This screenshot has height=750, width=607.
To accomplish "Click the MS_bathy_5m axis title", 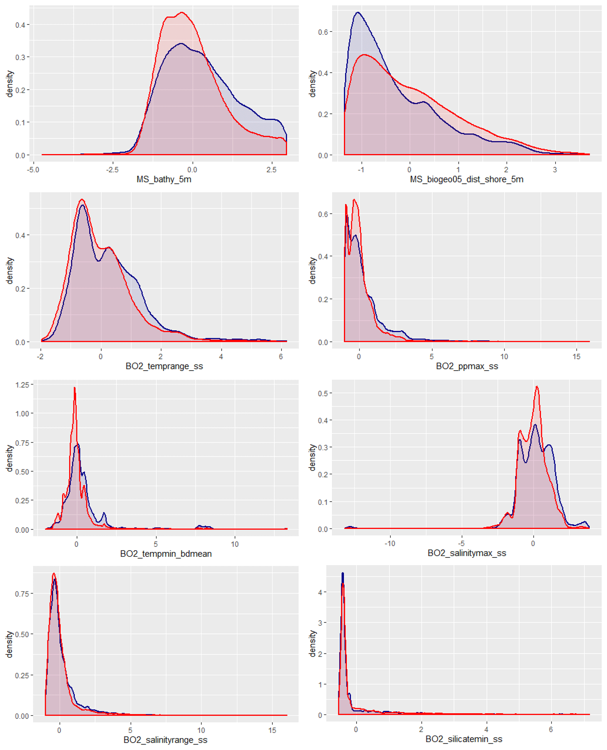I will pyautogui.click(x=164, y=180).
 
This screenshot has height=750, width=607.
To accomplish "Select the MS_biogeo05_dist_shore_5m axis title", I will pyautogui.click(x=466, y=180).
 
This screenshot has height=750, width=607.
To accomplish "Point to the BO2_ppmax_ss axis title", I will pyautogui.click(x=467, y=366).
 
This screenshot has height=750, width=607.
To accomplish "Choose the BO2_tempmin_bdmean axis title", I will pyautogui.click(x=166, y=554).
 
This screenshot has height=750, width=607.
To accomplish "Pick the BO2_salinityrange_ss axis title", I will pyautogui.click(x=165, y=740).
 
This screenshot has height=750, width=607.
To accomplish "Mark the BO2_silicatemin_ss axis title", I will pyautogui.click(x=464, y=739).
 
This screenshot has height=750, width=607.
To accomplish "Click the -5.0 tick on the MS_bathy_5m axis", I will pyautogui.click(x=33, y=170).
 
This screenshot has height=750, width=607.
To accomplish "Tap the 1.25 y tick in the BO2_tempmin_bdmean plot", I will pyautogui.click(x=22, y=385).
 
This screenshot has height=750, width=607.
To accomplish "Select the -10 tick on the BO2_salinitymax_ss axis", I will pyautogui.click(x=389, y=543).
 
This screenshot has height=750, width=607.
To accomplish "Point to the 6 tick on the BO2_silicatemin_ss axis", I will pyautogui.click(x=551, y=730).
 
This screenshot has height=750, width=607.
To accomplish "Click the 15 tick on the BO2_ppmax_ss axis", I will pyautogui.click(x=576, y=356).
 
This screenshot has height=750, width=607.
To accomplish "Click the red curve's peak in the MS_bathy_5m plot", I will pyautogui.click(x=182, y=13).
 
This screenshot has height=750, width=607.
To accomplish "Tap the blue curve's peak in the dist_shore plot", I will pyautogui.click(x=358, y=13).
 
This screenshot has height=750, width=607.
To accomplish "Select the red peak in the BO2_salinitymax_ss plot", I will pyautogui.click(x=537, y=386).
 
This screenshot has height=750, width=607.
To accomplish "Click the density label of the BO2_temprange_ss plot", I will pyautogui.click(x=9, y=271).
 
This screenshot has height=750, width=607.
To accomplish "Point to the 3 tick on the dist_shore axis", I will pyautogui.click(x=554, y=170).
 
